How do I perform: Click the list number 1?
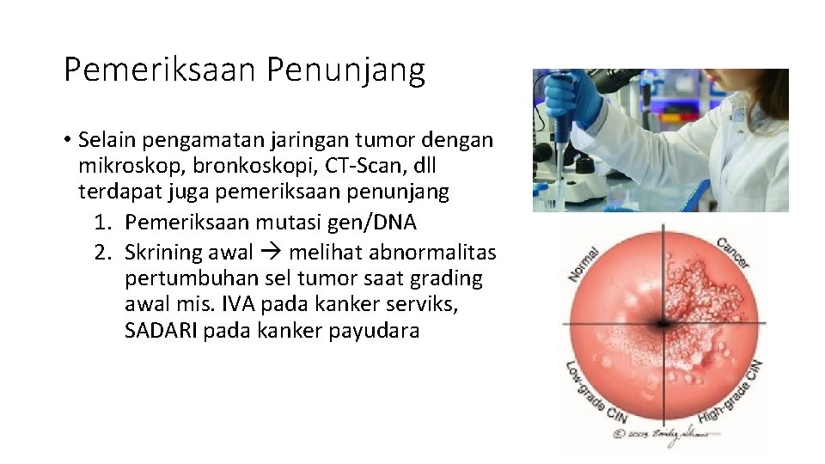[102, 223]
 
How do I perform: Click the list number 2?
[102, 252]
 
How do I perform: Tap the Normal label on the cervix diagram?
[584, 263]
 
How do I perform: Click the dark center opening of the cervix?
[662, 324]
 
